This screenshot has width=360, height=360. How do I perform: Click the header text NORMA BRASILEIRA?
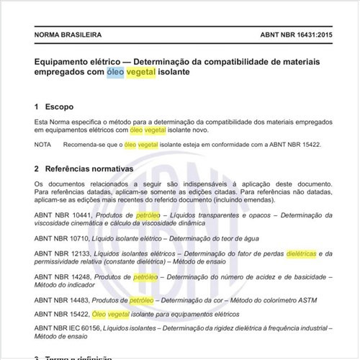[x=68, y=35]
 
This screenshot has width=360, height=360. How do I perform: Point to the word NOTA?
[x=45, y=145]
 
